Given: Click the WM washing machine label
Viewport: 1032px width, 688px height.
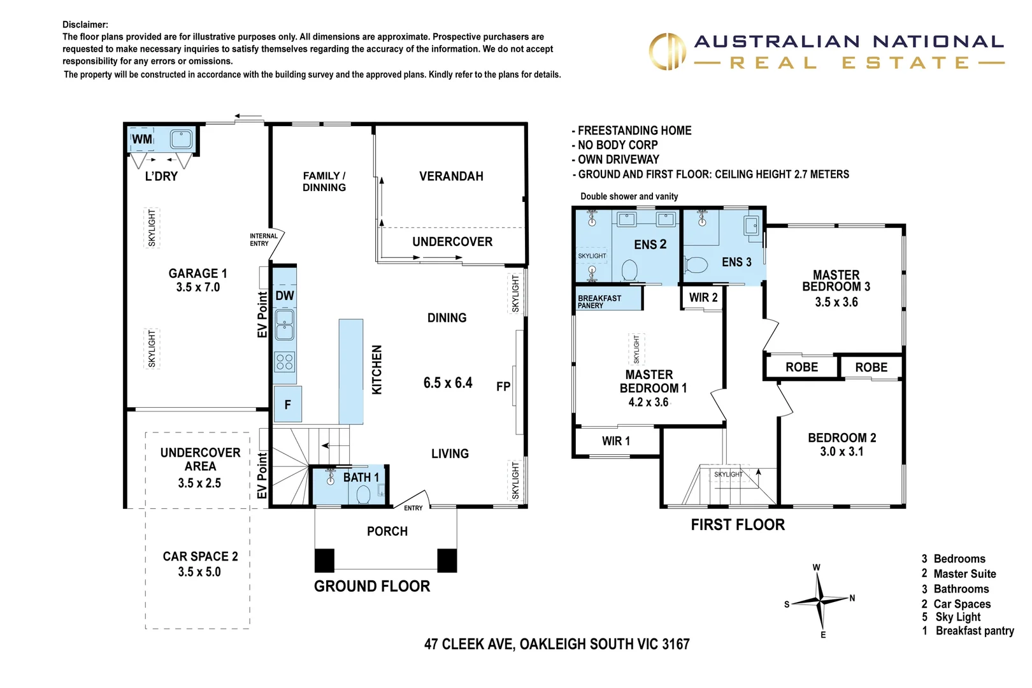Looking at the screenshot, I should (142, 139).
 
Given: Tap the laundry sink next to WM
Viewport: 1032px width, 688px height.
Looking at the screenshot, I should (181, 139).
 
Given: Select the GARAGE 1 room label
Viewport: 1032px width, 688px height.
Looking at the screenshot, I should (197, 273).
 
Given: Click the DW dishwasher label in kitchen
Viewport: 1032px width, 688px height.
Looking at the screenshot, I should (285, 296).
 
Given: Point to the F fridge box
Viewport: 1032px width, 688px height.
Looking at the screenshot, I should (288, 405).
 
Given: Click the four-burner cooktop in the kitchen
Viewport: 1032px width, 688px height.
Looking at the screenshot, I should (285, 362).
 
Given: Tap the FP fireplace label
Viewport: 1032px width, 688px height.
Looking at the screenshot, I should (503, 386).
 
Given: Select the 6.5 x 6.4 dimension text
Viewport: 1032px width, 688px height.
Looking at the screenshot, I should (448, 383).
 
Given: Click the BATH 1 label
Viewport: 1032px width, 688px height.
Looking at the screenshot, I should (361, 477).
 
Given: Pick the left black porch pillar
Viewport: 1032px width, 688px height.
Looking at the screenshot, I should (324, 560).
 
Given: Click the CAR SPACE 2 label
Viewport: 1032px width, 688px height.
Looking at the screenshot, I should (200, 556).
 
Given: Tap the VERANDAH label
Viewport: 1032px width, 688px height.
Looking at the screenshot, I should (451, 176).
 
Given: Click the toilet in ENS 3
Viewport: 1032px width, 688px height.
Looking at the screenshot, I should (696, 264).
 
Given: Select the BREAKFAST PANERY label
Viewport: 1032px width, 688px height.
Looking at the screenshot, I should (599, 301).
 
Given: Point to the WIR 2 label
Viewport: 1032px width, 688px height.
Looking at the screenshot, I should (703, 297).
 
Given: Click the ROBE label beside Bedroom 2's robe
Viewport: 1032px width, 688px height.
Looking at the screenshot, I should (871, 368).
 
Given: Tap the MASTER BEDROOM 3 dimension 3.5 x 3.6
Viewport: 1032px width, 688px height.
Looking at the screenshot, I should (836, 302).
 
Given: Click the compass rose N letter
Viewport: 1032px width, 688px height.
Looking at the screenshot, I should (852, 598).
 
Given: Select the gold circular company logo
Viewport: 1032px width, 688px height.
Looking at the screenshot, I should (667, 52).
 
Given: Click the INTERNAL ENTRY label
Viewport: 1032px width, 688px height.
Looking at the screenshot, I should (263, 240).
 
